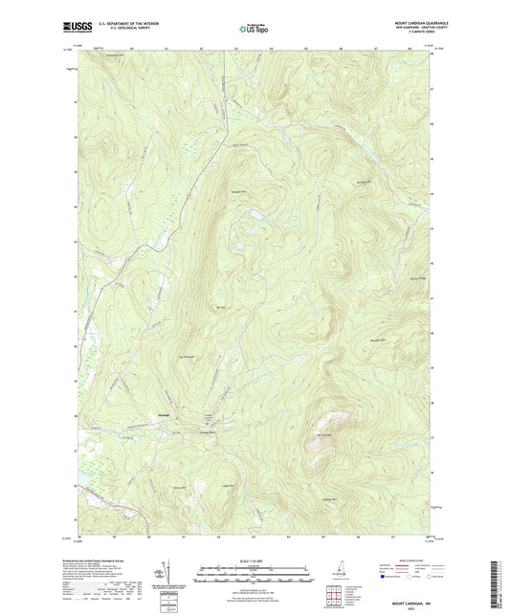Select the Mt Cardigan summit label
tap(323, 435)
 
